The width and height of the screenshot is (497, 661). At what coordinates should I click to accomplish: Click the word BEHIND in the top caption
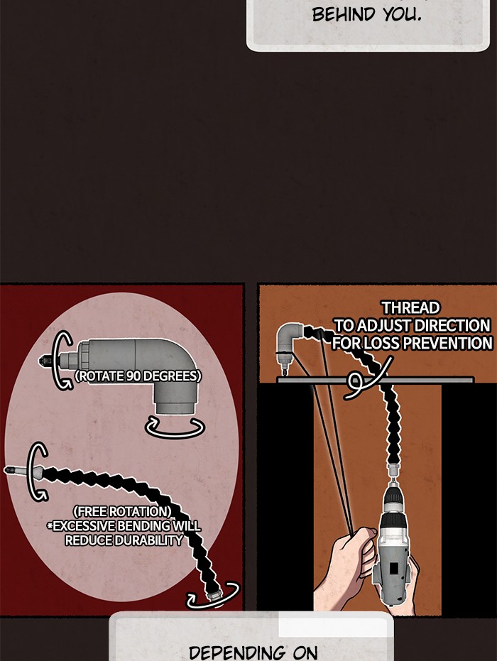point(343,14)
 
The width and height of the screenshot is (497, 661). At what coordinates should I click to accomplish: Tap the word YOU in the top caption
point(402,15)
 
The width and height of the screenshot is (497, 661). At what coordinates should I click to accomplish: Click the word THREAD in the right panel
point(410,307)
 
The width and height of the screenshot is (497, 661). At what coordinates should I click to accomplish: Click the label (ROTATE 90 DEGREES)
point(138,376)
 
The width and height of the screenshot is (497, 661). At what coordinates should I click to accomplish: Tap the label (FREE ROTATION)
point(122,511)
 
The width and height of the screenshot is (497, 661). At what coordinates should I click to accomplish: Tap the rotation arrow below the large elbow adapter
point(175,427)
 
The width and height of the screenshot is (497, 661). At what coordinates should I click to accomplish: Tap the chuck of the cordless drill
point(393,501)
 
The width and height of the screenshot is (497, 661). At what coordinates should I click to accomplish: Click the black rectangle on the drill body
point(394,568)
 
